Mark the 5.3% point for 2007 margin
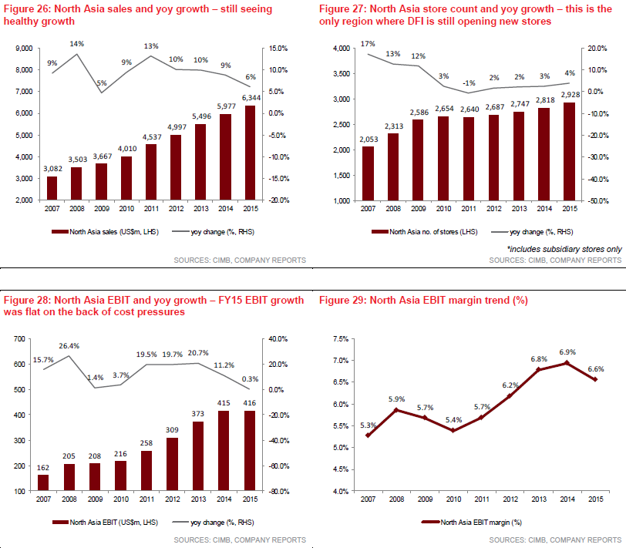367,435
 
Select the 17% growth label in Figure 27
367,44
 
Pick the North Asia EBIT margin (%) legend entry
470,523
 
